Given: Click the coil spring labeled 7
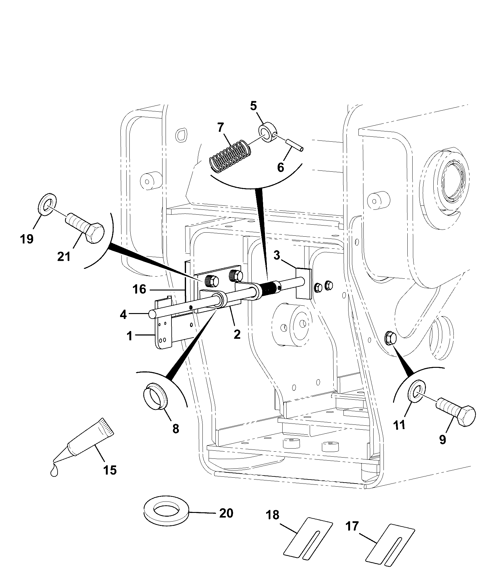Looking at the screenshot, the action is click(230, 156).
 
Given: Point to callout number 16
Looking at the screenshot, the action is click(139, 289).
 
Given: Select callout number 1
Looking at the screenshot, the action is click(130, 336).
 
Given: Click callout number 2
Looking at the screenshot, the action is click(237, 334).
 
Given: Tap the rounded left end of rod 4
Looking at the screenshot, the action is click(152, 314).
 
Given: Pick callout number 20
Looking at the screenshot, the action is click(226, 513).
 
